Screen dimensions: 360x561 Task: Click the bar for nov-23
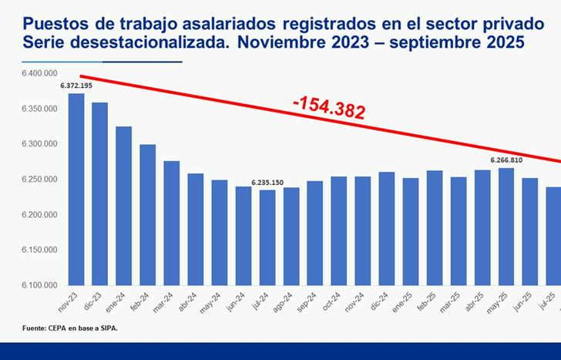click(x=76, y=189)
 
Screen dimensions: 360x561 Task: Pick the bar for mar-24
click(x=172, y=223)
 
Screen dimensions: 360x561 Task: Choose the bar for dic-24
click(x=387, y=228)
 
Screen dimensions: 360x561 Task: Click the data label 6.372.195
click(x=76, y=86)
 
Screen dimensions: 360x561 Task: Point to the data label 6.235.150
click(x=267, y=183)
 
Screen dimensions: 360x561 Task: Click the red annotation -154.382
click(x=328, y=109)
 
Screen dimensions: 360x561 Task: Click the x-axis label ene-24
click(x=122, y=299)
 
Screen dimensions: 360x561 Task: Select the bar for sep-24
click(x=315, y=233)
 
